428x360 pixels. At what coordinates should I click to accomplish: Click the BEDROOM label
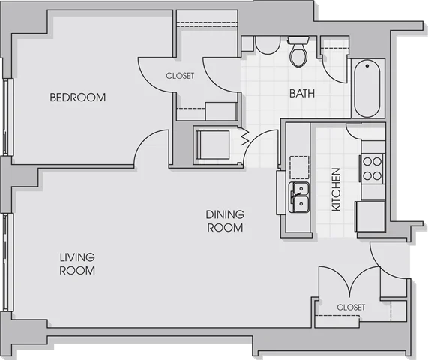click(78, 97)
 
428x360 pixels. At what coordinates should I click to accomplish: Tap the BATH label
click(302, 94)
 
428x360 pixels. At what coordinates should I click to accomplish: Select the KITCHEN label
click(336, 190)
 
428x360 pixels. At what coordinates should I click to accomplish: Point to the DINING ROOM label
click(225, 221)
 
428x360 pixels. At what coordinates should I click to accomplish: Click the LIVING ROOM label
click(77, 263)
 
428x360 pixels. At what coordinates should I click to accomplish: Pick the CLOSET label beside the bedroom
click(180, 76)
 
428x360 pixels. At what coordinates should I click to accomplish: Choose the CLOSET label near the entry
click(351, 307)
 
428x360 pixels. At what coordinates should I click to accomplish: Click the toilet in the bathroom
click(298, 52)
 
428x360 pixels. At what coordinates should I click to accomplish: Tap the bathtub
click(367, 88)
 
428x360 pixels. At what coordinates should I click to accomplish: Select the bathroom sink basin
click(268, 45)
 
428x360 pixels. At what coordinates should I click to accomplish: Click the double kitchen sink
click(299, 197)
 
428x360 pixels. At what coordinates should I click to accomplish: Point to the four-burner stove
click(372, 169)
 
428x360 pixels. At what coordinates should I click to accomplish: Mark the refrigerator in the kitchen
click(370, 217)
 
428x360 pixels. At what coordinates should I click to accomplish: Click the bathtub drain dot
click(367, 66)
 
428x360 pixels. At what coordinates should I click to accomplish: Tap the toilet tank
click(298, 40)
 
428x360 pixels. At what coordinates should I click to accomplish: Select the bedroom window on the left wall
click(7, 117)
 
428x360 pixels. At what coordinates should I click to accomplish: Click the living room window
click(7, 262)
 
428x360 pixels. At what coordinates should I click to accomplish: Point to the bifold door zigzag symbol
click(245, 136)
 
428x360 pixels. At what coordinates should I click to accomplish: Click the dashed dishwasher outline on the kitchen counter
click(299, 167)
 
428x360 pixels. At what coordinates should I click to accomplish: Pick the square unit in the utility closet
click(212, 145)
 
